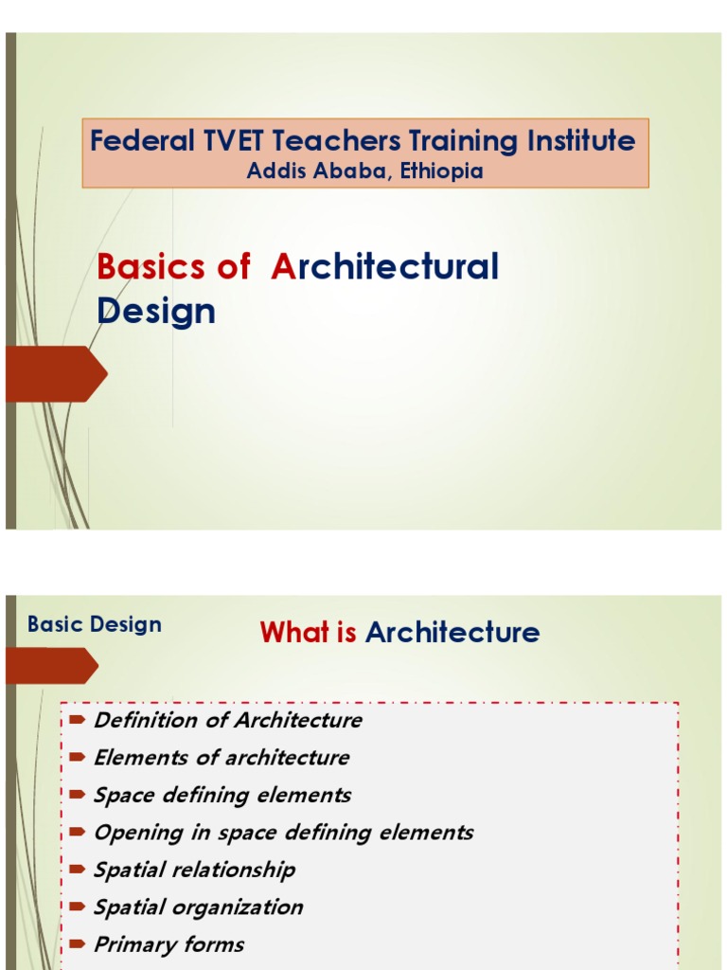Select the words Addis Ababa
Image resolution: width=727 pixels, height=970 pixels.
[299, 171]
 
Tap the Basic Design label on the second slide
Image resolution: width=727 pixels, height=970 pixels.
[95, 624]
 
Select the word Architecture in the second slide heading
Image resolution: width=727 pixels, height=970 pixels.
[452, 633]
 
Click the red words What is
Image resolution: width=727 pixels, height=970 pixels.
[309, 633]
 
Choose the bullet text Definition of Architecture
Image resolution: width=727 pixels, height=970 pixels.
[228, 720]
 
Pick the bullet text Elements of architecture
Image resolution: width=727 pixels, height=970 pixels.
[222, 758]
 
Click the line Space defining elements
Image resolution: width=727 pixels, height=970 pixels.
[222, 795]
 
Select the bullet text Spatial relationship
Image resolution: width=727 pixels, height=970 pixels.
[195, 870]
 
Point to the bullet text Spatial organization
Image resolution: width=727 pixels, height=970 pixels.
[199, 907]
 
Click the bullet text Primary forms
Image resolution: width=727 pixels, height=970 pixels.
[168, 943]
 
